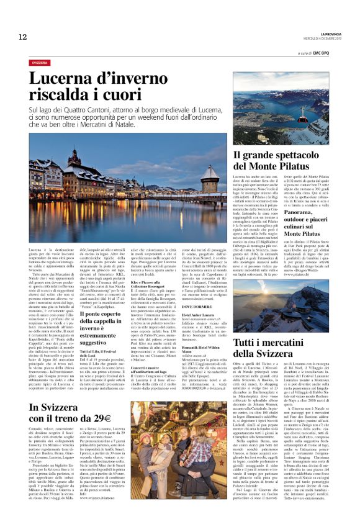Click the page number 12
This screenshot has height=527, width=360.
[22, 37]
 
